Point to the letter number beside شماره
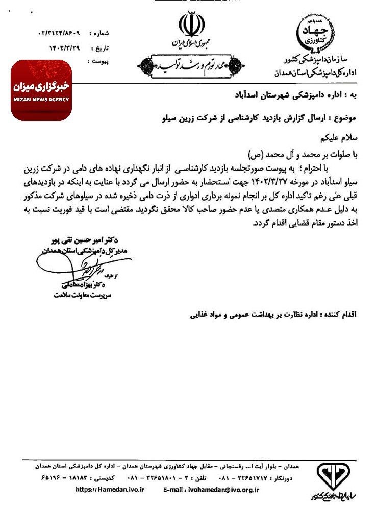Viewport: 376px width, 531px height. pos(60,33)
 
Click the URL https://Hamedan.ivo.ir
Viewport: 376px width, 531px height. pos(110,489)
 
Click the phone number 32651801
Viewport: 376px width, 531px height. pos(166,478)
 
